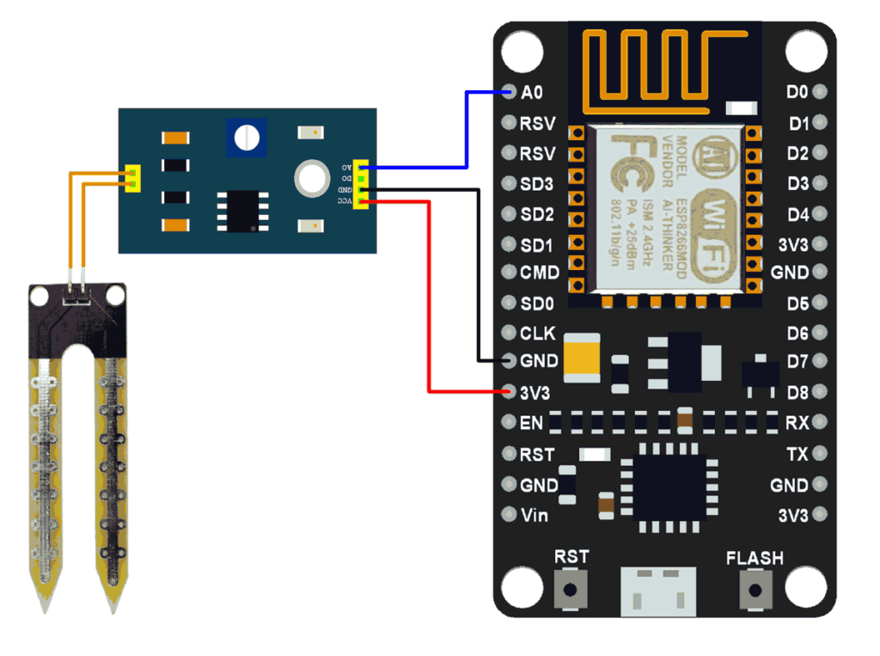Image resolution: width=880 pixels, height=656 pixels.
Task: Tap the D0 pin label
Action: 797,92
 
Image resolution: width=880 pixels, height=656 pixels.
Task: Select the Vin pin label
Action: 535,516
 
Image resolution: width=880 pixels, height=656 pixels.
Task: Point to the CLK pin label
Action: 537,334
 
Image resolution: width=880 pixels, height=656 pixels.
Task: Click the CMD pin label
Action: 539,273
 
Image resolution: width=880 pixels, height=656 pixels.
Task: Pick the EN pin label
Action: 531,423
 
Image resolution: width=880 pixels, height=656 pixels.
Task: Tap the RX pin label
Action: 797,423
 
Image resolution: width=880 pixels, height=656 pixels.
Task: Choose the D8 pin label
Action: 797,393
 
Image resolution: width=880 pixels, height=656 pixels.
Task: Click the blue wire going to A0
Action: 466,129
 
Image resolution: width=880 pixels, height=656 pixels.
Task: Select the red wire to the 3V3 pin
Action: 428,301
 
